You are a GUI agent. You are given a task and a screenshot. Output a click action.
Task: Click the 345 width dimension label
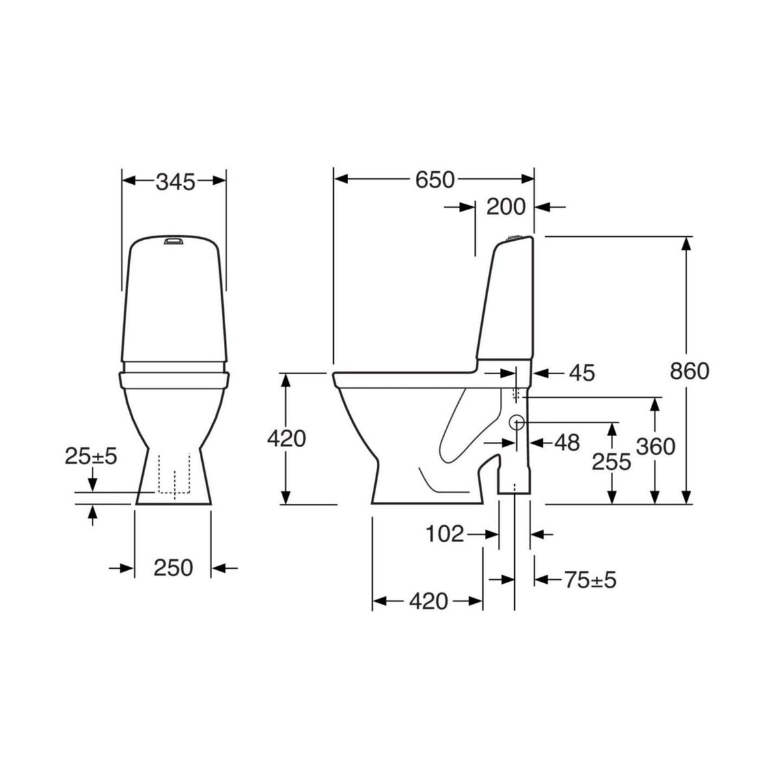pos(176,182)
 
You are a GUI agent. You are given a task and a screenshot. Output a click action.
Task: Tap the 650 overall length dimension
pos(435,180)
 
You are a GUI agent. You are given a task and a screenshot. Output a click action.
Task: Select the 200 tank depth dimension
pos(506,207)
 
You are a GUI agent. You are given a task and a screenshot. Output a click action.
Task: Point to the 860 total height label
pos(689,371)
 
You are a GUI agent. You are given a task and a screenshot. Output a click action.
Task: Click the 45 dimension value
pos(582,373)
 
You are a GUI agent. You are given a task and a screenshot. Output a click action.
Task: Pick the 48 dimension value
pos(567,443)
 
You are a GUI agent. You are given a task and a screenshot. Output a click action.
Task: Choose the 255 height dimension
pos(612,461)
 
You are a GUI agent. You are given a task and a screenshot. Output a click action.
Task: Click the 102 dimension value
pos(445,534)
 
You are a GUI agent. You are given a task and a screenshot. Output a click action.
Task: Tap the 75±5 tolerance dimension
pos(590,580)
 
